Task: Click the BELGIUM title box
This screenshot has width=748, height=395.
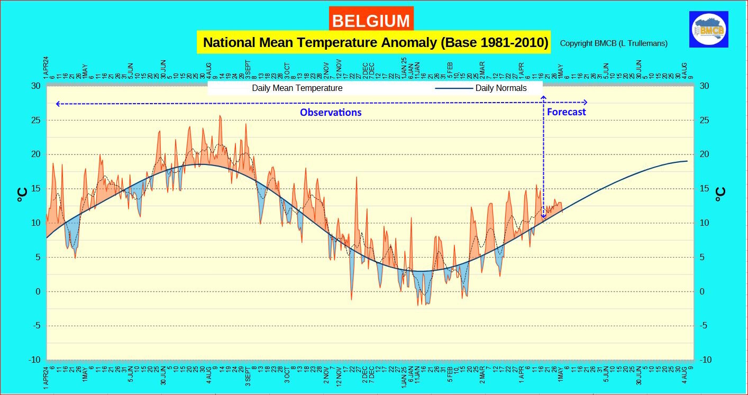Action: point(371,21)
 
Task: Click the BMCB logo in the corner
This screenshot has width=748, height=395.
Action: point(709,30)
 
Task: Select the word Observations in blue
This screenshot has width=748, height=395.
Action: point(331,113)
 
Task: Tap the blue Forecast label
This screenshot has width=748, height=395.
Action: point(566,112)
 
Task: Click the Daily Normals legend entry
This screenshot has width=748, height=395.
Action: point(500,88)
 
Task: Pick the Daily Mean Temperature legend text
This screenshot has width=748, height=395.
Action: point(297,88)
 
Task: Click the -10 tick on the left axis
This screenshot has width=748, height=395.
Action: point(34,360)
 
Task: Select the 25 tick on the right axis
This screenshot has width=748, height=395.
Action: point(704,121)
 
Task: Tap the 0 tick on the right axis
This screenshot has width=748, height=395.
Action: point(702,292)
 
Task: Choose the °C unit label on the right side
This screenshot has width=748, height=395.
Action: point(720,195)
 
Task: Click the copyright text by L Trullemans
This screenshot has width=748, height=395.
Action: point(613,43)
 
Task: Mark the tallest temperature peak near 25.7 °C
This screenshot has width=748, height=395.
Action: point(220,116)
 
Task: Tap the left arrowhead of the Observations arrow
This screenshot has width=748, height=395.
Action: point(58,104)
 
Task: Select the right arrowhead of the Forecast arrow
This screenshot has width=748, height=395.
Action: point(585,102)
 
